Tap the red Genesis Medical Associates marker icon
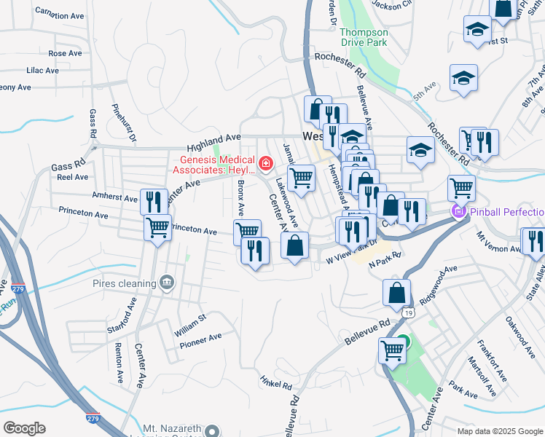pyautogui.click(x=265, y=163)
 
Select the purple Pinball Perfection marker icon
pyautogui.click(x=458, y=212)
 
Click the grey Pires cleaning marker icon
pyautogui.click(x=167, y=283)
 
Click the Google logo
pyautogui.click(x=24, y=428)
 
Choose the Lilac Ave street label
pyautogui.click(x=42, y=71)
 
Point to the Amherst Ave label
pyautogui.click(x=115, y=197)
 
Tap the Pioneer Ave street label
pyautogui.click(x=200, y=338)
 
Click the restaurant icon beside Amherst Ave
pyautogui.click(x=153, y=201)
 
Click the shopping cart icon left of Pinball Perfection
pyautogui.click(x=461, y=188)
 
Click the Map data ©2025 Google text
pyautogui.click(x=500, y=431)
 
